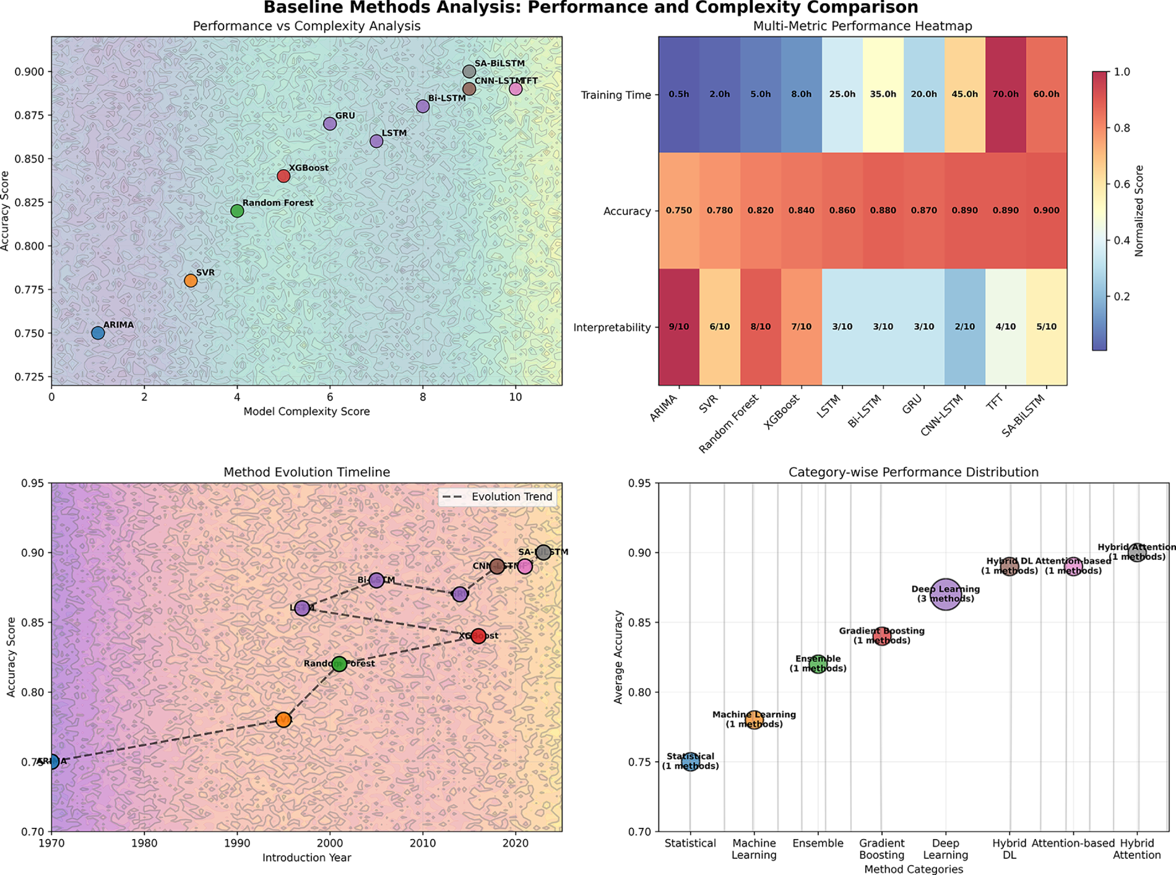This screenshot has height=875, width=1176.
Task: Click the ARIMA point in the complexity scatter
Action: pos(98,333)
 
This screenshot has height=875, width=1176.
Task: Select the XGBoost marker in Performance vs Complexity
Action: pos(283,176)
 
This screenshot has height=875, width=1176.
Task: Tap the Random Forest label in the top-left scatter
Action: pos(277,203)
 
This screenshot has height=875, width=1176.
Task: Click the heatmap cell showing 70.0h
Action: pos(1005,95)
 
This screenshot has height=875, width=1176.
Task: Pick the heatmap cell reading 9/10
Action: pos(679,327)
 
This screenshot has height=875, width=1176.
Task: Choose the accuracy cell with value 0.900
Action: pos(1046,211)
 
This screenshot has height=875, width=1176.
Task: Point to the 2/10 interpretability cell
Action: pos(964,327)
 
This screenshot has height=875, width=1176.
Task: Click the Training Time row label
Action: pos(616,95)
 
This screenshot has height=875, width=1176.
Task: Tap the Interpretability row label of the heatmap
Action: pos(612,328)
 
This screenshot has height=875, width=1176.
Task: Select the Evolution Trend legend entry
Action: pos(498,497)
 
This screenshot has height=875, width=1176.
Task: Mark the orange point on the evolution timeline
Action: pos(283,720)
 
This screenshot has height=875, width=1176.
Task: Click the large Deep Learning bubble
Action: pos(946,596)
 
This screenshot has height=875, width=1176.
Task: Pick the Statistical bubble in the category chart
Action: pos(690,761)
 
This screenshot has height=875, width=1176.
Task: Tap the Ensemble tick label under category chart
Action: pos(818,843)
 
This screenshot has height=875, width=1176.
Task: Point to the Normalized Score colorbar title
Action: pos(1139,211)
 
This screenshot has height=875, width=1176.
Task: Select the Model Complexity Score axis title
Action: pos(306,412)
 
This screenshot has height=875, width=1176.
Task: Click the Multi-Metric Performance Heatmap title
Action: pos(862,26)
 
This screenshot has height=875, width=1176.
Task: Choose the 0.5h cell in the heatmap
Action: pos(679,95)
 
